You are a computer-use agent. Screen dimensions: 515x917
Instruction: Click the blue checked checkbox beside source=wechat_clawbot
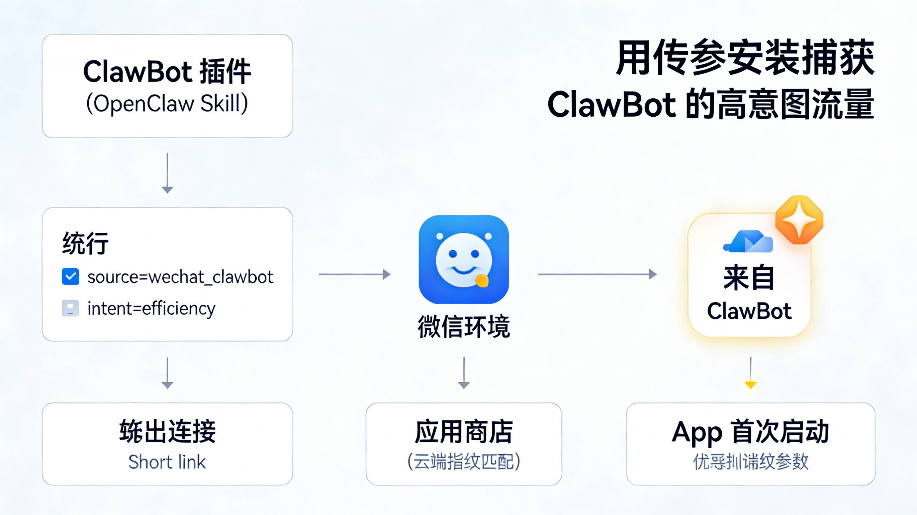(x=71, y=277)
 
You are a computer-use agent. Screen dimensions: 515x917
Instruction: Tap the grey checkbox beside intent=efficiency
(x=71, y=308)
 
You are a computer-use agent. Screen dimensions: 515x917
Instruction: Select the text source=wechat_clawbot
(x=180, y=277)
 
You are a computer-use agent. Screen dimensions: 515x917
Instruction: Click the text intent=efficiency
(x=151, y=309)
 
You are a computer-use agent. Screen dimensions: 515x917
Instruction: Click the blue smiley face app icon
(x=464, y=259)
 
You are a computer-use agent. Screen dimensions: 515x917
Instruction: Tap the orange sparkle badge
(x=799, y=220)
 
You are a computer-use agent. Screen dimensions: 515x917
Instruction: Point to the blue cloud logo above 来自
(x=748, y=242)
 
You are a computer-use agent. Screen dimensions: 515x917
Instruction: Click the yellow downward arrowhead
(x=750, y=384)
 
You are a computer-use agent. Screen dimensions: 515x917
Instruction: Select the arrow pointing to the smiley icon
(x=354, y=274)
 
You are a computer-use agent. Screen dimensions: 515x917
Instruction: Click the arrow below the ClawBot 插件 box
(x=167, y=173)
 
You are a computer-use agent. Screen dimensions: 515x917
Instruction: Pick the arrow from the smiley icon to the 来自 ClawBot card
(x=597, y=274)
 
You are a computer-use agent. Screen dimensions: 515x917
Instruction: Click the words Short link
(x=167, y=462)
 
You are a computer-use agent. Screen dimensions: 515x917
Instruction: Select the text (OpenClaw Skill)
(x=167, y=103)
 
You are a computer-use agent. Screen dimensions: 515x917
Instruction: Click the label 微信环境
(x=464, y=326)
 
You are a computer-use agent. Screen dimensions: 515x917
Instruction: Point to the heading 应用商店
(x=464, y=432)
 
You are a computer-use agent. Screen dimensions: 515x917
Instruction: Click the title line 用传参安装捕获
(x=745, y=58)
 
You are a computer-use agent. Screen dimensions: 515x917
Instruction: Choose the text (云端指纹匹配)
(x=464, y=462)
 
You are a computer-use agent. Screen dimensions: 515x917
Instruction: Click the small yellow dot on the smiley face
(x=482, y=280)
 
